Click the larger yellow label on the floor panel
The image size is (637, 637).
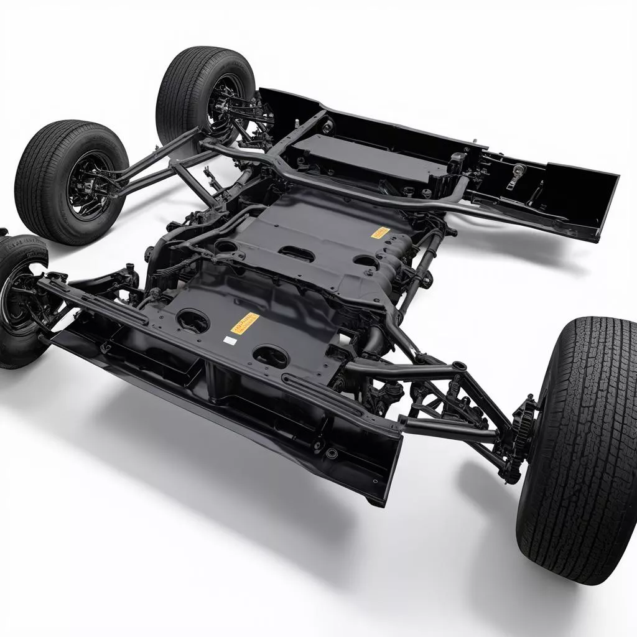245,323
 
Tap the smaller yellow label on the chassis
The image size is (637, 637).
380,233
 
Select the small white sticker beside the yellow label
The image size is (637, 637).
230,340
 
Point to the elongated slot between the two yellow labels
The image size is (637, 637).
296,253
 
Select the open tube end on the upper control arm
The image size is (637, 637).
459,366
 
